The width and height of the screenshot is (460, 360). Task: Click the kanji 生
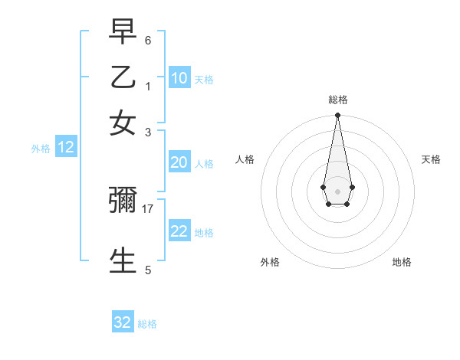[123, 260]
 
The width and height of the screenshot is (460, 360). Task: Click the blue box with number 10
[179, 78]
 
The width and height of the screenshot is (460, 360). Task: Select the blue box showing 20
[179, 162]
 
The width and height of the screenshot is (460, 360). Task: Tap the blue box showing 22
[179, 231]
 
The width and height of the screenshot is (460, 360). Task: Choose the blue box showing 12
[66, 147]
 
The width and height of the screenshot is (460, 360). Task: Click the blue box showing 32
[123, 322]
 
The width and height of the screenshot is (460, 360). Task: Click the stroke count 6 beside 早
[148, 40]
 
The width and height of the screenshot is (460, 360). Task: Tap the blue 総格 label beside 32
[147, 324]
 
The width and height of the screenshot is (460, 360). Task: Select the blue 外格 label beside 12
[41, 149]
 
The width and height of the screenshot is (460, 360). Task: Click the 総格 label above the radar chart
[338, 100]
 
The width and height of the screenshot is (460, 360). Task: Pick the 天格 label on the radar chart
[431, 159]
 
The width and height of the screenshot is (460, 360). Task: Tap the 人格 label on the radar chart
[245, 159]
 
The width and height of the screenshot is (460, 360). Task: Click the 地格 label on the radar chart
[402, 262]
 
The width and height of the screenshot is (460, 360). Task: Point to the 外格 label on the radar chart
[270, 262]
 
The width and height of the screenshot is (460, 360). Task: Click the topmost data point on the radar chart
[337, 116]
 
